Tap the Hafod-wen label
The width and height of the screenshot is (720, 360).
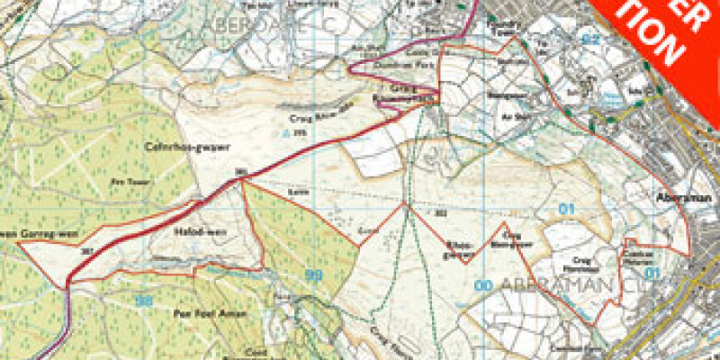(190, 230)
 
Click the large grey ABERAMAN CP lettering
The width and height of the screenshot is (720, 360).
(558, 286)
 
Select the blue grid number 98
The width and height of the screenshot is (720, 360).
(143, 301)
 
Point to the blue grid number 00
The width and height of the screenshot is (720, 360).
(483, 285)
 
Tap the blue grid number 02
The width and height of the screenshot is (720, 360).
(590, 39)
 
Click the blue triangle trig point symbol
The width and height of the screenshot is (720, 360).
(286, 133)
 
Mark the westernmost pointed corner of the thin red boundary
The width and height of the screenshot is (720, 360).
(20, 245)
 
